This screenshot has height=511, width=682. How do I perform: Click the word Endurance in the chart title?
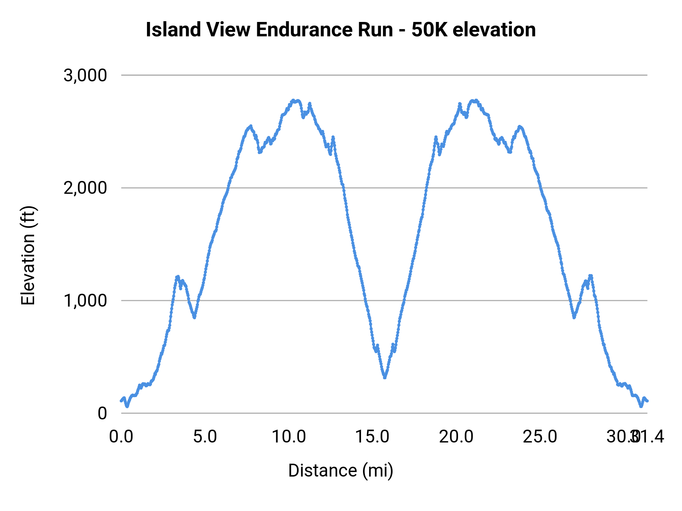click(325, 30)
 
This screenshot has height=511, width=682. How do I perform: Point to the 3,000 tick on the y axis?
click(86, 75)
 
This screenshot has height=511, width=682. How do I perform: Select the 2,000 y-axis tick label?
click(86, 188)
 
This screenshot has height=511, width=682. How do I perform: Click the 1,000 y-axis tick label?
click(86, 301)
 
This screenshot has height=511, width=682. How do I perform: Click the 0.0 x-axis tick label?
click(121, 437)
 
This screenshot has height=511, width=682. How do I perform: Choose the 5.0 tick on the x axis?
click(205, 437)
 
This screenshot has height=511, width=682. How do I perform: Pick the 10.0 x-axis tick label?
click(289, 437)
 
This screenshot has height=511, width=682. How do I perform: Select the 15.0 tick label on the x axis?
click(372, 437)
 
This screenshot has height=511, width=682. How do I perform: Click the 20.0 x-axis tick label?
click(456, 437)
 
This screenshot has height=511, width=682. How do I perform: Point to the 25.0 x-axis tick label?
click(540, 437)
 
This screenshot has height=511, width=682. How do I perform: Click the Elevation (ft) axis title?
click(28, 255)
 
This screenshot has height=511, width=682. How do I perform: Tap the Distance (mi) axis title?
click(341, 470)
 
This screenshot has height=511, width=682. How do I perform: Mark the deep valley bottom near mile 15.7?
click(385, 377)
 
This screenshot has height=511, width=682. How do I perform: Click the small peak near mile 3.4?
click(177, 277)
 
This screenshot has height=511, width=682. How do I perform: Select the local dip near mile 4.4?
click(194, 317)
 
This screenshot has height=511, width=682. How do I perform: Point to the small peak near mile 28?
click(590, 276)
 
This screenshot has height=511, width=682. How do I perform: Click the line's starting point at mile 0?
click(121, 400)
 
